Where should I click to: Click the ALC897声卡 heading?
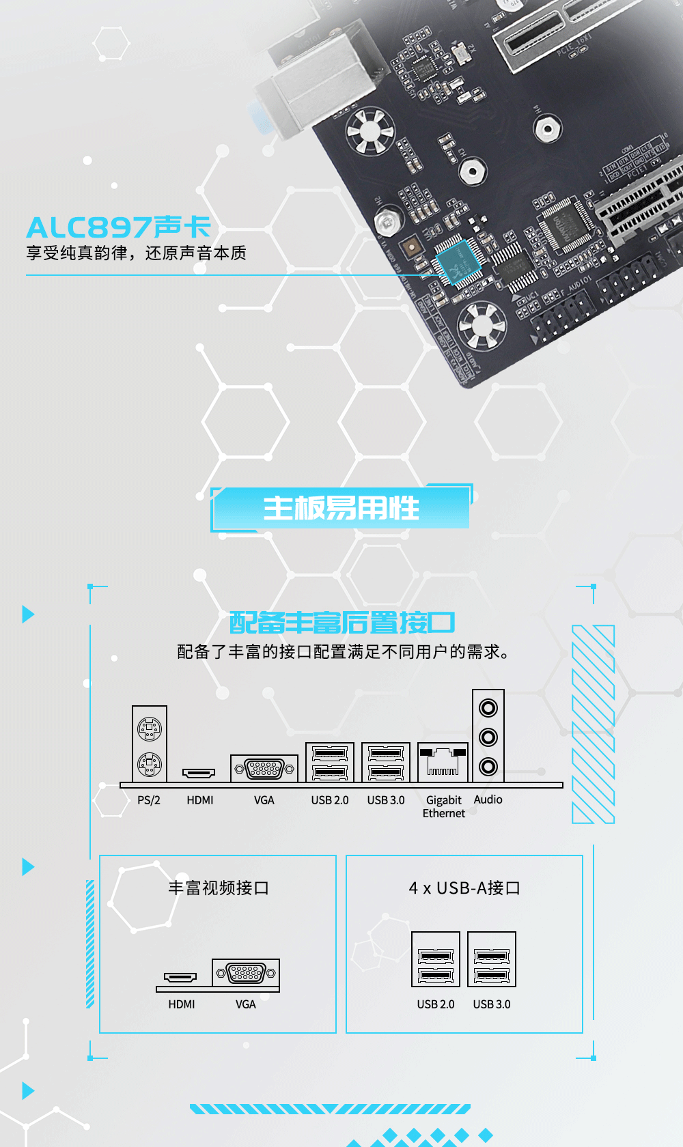pyautogui.click(x=118, y=227)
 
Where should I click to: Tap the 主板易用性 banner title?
pyautogui.click(x=341, y=509)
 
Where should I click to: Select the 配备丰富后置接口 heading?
pyautogui.click(x=341, y=623)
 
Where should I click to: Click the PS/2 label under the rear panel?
pyautogui.click(x=149, y=800)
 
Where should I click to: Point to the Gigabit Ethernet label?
pyautogui.click(x=444, y=806)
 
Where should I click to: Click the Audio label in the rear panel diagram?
pyautogui.click(x=488, y=799)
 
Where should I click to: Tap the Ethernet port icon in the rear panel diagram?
pyautogui.click(x=443, y=762)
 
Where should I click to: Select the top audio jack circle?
pyautogui.click(x=488, y=708)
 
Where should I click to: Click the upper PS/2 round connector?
pyautogui.click(x=150, y=728)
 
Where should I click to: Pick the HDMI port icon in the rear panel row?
pyautogui.click(x=199, y=773)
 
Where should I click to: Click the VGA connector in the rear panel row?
pyautogui.click(x=264, y=769)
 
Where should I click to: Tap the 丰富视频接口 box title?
pyautogui.click(x=219, y=888)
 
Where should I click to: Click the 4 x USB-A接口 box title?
pyautogui.click(x=464, y=888)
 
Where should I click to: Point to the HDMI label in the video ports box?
pyautogui.click(x=182, y=1004)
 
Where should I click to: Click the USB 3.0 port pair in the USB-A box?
pyautogui.click(x=492, y=959)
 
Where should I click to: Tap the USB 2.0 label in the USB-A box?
pyautogui.click(x=436, y=1004)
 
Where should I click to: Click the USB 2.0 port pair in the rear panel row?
pyautogui.click(x=330, y=763)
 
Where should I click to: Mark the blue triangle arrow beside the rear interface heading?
pyautogui.click(x=28, y=614)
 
